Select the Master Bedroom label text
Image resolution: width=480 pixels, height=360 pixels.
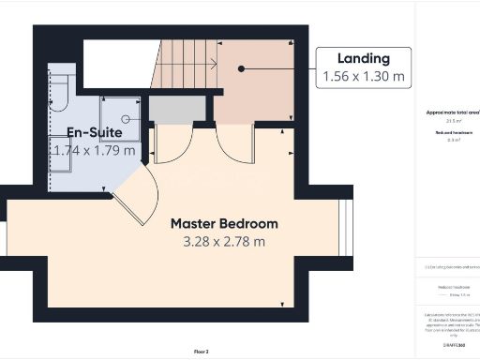[x=223, y=224]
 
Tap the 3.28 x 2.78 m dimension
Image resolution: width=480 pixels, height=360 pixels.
[x=223, y=241]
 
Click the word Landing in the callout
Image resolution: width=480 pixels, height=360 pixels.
[x=365, y=59]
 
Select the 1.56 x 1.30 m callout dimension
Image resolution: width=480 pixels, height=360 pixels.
[x=365, y=75]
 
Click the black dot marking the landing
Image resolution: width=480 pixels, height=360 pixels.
[x=241, y=68]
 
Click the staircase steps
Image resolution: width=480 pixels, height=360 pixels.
[x=183, y=66]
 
